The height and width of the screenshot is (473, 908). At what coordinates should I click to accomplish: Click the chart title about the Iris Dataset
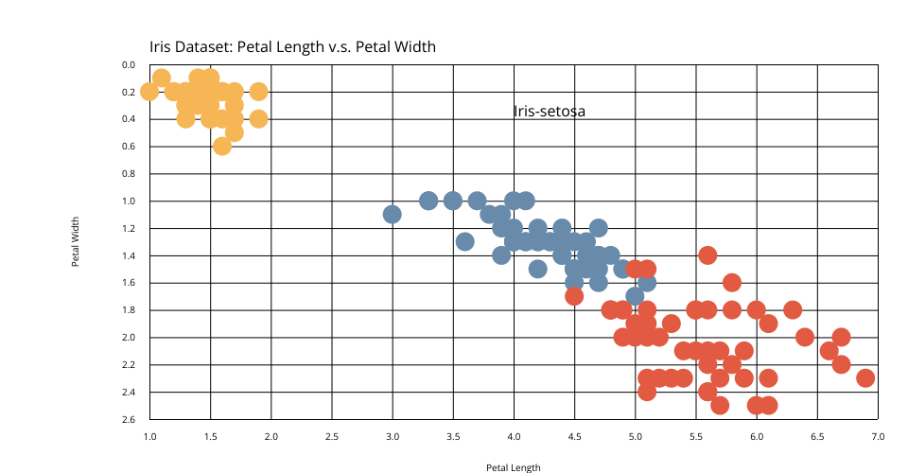(292, 46)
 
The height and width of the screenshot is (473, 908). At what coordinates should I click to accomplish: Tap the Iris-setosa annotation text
(550, 112)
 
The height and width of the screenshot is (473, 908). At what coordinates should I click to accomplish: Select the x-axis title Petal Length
(514, 467)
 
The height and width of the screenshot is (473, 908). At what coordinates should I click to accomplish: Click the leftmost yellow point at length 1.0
(149, 92)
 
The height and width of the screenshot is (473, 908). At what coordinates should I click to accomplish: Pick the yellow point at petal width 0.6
(222, 146)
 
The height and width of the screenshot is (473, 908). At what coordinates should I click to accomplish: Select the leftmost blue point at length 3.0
(393, 215)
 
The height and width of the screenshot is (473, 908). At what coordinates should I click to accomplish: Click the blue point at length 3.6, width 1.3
(465, 242)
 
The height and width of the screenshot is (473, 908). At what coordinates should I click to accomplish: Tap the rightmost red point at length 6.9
(865, 378)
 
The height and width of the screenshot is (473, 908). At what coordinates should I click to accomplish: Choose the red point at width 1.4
(707, 255)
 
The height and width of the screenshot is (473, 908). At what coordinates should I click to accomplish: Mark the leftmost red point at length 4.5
(574, 296)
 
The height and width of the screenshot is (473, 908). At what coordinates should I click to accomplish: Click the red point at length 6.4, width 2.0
(805, 337)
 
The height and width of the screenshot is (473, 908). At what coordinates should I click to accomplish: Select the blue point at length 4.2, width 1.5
(538, 269)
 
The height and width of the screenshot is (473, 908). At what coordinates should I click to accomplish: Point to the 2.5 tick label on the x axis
(332, 437)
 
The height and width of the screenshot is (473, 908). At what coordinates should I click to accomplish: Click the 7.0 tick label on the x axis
(878, 437)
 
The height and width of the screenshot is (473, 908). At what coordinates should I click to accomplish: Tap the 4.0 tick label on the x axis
(514, 437)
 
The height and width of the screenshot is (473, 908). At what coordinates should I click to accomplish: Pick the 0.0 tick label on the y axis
(130, 65)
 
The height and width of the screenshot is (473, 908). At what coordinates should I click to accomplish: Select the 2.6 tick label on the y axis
(130, 419)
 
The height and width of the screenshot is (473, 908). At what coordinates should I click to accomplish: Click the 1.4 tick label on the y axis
(130, 255)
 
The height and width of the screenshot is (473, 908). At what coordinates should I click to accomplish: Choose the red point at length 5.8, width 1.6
(732, 283)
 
